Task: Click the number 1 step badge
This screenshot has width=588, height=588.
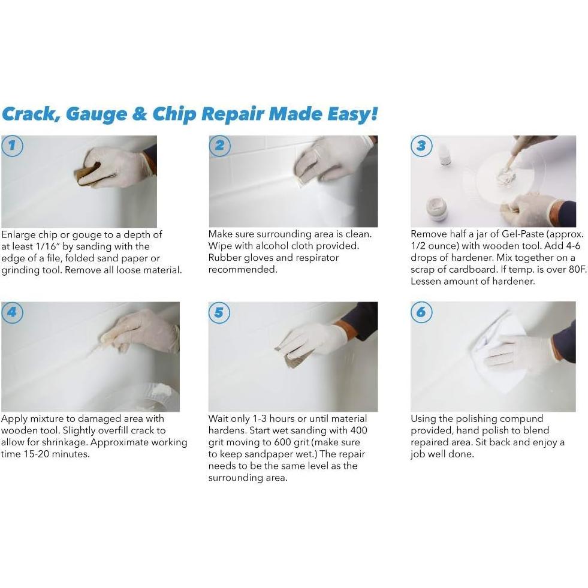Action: click(12, 146)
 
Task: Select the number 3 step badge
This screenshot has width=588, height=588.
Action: click(421, 146)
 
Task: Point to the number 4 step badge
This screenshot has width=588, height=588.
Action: click(12, 313)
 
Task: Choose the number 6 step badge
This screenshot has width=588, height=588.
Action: click(421, 313)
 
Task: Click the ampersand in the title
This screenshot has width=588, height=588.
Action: click(139, 114)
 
